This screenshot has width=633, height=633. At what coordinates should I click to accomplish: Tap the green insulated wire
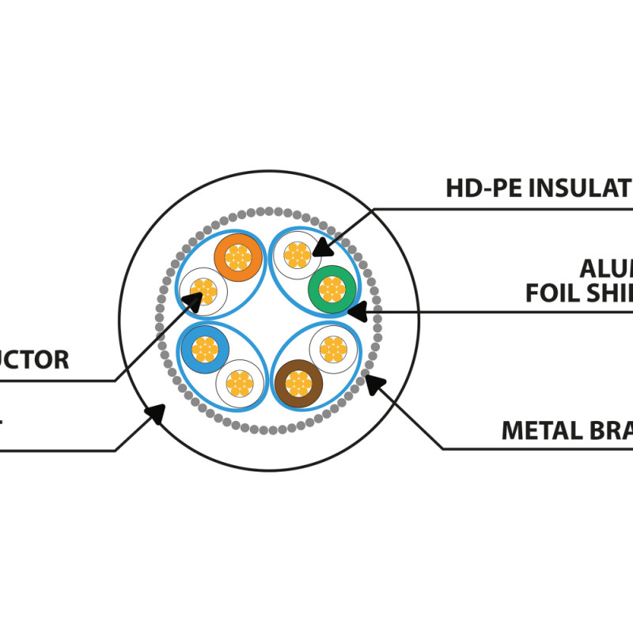[x=332, y=289]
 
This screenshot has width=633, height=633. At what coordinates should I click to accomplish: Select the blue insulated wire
[x=205, y=348]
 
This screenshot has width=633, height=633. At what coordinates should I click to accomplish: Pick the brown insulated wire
[x=298, y=383]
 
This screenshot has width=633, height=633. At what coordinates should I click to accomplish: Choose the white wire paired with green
[x=298, y=255]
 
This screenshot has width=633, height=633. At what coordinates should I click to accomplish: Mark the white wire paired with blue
[x=239, y=383]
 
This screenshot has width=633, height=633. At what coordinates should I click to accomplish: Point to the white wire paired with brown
[x=333, y=348]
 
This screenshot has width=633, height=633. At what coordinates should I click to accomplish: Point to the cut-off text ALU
[x=605, y=268]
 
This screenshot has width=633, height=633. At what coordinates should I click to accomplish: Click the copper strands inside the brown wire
[x=298, y=383]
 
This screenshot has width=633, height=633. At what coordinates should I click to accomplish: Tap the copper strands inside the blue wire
[x=205, y=348]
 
